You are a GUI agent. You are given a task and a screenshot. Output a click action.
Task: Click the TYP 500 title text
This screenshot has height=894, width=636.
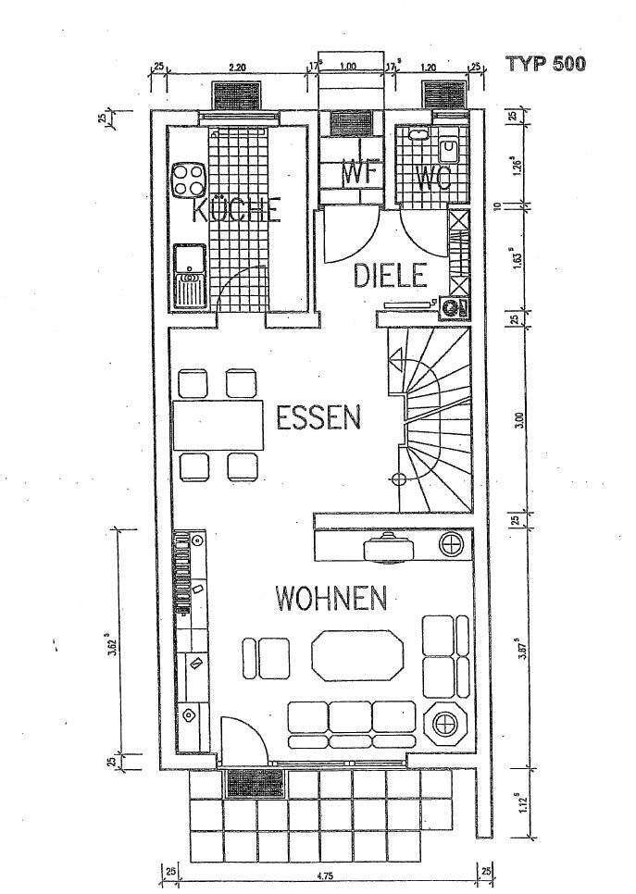(545, 65)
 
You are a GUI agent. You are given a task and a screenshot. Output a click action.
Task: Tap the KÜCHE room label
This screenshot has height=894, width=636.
(236, 211)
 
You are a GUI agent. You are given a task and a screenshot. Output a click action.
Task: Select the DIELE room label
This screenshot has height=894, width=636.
(390, 275)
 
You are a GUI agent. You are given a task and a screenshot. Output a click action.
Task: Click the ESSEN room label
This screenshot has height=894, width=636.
(318, 418)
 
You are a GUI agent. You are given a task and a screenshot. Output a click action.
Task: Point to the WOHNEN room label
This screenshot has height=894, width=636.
(330, 599)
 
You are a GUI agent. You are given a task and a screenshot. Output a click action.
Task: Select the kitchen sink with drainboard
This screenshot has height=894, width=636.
(190, 276)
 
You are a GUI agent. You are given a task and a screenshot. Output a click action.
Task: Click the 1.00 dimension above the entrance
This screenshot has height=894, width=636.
(348, 67)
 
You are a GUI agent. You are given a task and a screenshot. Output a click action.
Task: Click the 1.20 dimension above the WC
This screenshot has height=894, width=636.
(429, 67)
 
